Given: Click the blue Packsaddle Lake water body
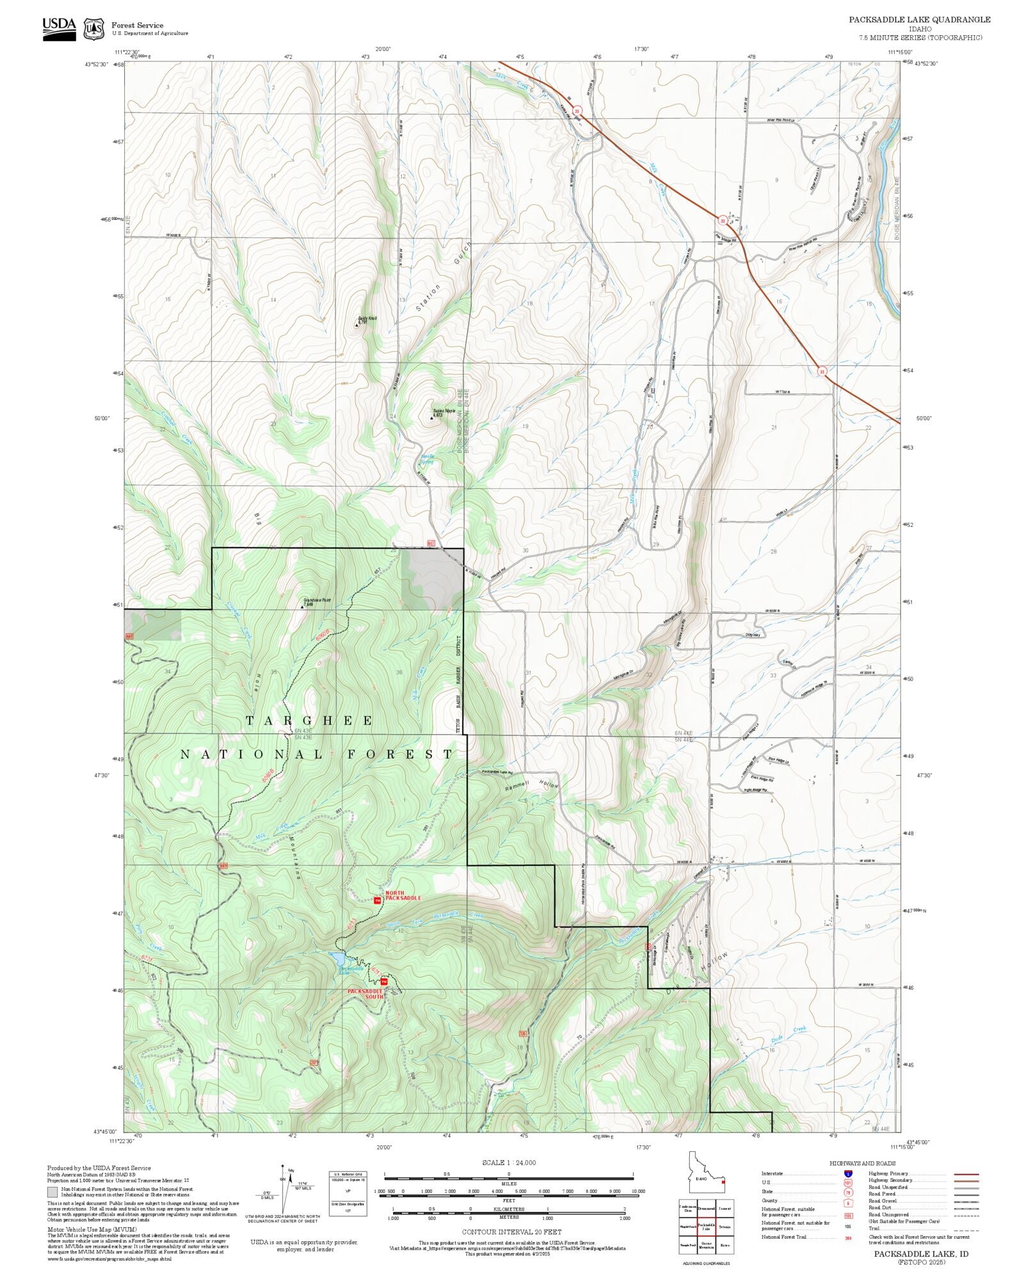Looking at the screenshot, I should (337, 957).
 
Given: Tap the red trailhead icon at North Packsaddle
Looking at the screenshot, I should (378, 900).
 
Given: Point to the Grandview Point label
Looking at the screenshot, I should (317, 601).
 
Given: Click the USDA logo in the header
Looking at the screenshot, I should (59, 28).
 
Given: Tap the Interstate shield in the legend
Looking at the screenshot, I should (848, 1174).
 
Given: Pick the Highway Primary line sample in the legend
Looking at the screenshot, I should (966, 1174).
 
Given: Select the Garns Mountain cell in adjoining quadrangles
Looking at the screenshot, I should (707, 1244).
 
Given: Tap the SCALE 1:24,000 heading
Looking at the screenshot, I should (509, 1163).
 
